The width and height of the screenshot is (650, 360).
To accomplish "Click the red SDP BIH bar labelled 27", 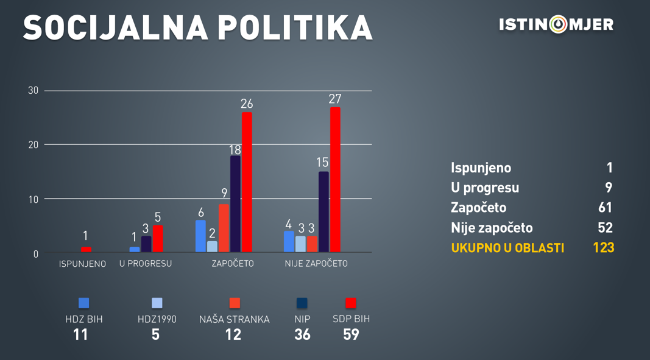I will [335, 180].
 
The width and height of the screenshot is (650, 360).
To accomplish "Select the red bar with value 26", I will [247, 182].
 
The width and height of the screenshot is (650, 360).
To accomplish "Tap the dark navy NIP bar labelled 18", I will [235, 204].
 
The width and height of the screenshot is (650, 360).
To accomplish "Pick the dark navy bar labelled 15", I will [323, 212].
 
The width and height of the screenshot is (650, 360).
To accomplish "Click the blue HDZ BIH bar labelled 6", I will [200, 236].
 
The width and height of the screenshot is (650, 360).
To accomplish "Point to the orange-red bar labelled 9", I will [224, 228].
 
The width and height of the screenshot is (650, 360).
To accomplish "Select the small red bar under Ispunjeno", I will [86, 250].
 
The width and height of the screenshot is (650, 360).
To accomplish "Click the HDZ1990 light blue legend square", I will [157, 303].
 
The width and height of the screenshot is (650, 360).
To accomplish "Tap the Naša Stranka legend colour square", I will [235, 303].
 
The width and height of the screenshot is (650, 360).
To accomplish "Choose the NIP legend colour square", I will [302, 303].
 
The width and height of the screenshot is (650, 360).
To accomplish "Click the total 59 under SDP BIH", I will [351, 334].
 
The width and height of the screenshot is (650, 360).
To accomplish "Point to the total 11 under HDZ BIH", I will [80, 334].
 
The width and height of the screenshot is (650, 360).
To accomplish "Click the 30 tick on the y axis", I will [33, 91].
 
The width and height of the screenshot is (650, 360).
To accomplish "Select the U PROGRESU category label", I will [146, 264].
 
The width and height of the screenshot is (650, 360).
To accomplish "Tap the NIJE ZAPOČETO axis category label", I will [316, 264].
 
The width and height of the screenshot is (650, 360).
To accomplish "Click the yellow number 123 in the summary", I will [603, 248].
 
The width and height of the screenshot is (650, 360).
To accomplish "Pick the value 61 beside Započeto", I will [605, 208].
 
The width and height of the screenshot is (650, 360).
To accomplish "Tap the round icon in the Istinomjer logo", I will [558, 24].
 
